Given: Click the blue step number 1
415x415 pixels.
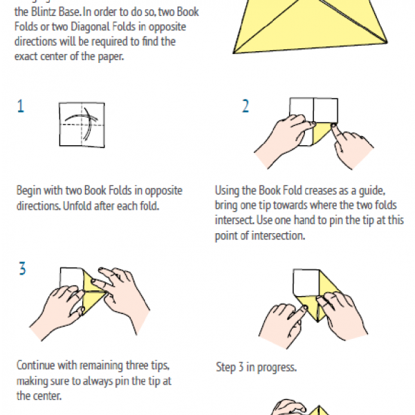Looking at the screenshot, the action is click(x=21, y=106).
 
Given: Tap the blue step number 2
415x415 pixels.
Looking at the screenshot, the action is click(x=246, y=106).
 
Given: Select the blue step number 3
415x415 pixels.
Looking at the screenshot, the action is click(x=23, y=268).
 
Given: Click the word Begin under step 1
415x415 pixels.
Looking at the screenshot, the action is click(x=28, y=191).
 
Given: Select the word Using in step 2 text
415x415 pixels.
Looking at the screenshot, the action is click(x=227, y=191).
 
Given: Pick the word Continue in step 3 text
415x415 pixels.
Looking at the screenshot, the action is click(x=35, y=365).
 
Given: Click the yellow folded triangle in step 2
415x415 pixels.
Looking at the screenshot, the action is click(x=322, y=133).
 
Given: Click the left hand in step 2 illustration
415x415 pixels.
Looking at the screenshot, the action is click(x=283, y=140).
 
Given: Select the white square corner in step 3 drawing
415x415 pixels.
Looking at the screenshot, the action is click(x=71, y=278).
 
